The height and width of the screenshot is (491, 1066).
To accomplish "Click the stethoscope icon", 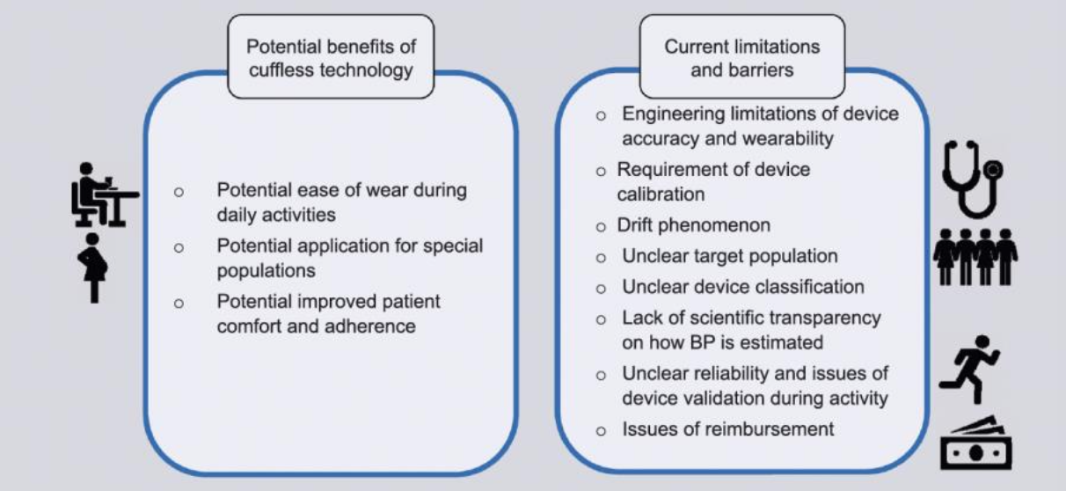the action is pos(975,180).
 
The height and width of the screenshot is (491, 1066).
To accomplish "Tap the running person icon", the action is pos(970,363).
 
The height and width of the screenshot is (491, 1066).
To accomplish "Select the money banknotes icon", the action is pos(976,443).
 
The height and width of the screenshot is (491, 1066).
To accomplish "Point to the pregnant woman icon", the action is pos(92,267).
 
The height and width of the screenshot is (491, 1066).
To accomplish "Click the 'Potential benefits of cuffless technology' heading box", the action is pos(331,57).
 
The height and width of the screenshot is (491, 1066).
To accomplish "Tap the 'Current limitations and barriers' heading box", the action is pos(741,57).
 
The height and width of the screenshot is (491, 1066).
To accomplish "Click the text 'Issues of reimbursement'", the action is pos(727,429).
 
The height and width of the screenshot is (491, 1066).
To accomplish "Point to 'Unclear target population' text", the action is pos(730,257).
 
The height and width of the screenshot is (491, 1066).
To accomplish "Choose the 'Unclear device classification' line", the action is pos(742,287).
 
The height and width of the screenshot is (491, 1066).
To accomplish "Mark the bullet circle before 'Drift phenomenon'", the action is pos(601,227).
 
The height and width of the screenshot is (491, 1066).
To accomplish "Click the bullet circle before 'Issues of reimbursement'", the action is pos(601,431).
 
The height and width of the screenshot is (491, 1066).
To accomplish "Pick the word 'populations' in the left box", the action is pos(266,270).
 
